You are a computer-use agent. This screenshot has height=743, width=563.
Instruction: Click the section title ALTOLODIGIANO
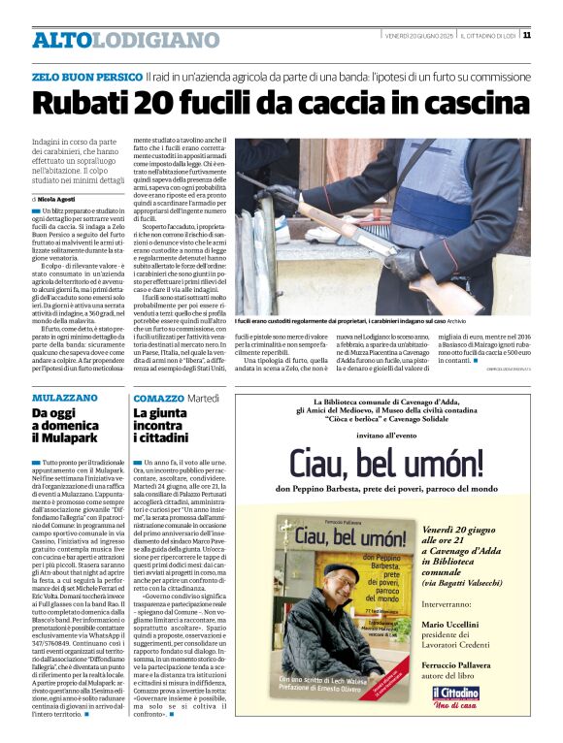[x=126, y=40]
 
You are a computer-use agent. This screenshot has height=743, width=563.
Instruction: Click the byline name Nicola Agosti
[x=64, y=198]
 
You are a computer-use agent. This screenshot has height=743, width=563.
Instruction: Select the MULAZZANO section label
[x=65, y=398]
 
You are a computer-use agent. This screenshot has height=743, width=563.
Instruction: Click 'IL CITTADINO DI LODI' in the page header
[x=487, y=36]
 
